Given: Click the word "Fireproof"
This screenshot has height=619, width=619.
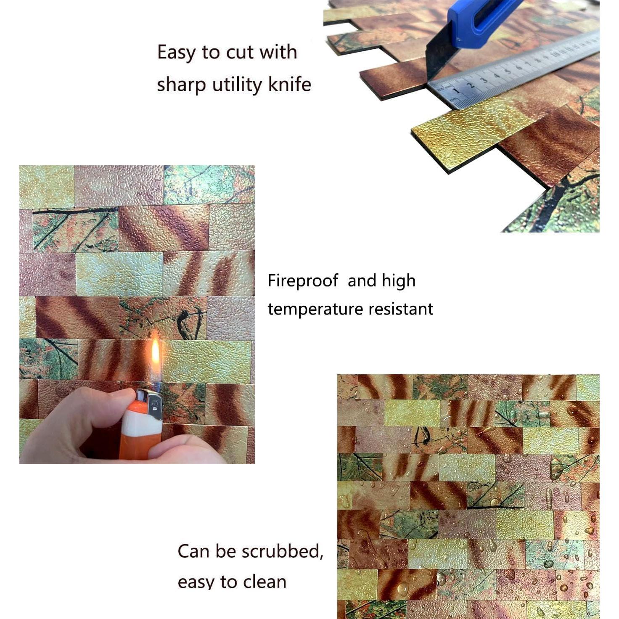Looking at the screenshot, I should pyautogui.click(x=303, y=281).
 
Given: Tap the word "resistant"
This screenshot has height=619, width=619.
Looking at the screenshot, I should pyautogui.click(x=401, y=309).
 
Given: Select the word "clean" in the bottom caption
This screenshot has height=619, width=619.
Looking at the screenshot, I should pyautogui.click(x=265, y=582).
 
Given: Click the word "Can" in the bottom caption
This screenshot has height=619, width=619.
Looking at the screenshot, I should pyautogui.click(x=193, y=551).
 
